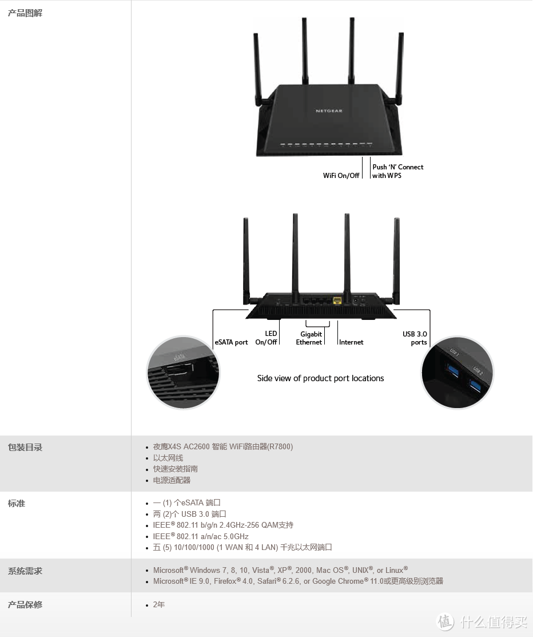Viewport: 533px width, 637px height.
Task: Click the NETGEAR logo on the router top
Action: tap(329, 111)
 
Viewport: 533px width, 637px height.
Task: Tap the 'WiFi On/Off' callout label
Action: tap(341, 176)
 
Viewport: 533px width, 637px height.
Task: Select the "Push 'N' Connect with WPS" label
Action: tap(397, 171)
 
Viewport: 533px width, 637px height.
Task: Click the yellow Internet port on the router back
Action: tap(337, 300)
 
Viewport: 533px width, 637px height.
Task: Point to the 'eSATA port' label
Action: tap(231, 342)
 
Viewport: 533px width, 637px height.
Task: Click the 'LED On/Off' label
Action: tap(266, 338)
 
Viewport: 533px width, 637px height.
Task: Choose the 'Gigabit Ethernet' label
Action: tap(309, 338)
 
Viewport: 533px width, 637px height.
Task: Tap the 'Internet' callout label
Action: tap(351, 342)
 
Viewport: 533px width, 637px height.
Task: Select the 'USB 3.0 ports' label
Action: tap(415, 338)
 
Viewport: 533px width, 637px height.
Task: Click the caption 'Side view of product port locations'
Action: tap(320, 378)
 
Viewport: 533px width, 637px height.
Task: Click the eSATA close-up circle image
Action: tap(183, 373)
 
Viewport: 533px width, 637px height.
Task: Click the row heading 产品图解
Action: tap(25, 13)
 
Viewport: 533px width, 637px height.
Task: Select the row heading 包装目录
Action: tap(25, 448)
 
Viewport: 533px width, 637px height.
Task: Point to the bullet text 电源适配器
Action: tap(172, 480)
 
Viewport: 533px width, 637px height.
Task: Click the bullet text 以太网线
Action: tap(168, 458)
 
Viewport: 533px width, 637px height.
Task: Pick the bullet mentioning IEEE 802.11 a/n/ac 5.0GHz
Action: tap(201, 536)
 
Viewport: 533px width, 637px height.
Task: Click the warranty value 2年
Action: tap(159, 604)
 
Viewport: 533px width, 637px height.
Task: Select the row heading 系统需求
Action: tap(25, 571)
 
